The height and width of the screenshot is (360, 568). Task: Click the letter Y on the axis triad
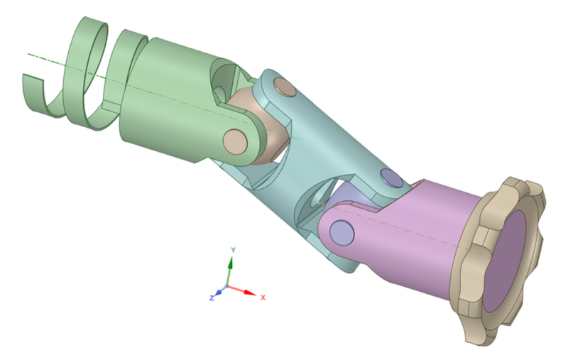point(233,251)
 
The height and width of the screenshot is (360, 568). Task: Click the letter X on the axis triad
point(263,297)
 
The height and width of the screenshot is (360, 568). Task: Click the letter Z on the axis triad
point(212,298)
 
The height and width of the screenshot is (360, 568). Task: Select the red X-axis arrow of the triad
point(245,292)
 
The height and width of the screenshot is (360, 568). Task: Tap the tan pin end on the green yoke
point(234,140)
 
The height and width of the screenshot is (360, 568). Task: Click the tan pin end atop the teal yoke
point(285,88)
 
